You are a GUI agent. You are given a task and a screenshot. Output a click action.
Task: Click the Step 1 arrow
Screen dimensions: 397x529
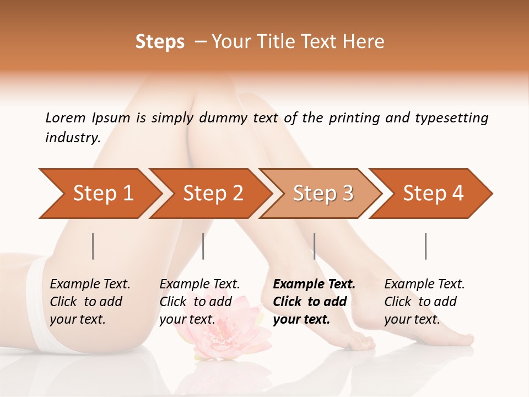pyautogui.click(x=99, y=194)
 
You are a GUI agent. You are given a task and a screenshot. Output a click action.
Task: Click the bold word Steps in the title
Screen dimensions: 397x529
pyautogui.click(x=160, y=42)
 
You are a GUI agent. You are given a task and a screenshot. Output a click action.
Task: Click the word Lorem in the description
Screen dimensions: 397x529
pyautogui.click(x=65, y=118)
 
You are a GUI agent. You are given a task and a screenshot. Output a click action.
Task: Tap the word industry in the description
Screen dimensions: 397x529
pyautogui.click(x=72, y=138)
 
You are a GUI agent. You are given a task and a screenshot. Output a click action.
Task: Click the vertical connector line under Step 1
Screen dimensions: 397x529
pyautogui.click(x=93, y=246)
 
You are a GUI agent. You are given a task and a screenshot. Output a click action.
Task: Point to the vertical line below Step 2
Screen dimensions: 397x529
pyautogui.click(x=203, y=246)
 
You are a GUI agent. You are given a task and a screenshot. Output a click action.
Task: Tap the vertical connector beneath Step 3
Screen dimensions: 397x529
pyautogui.click(x=314, y=246)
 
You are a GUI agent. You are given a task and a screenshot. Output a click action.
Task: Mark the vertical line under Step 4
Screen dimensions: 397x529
pyautogui.click(x=425, y=246)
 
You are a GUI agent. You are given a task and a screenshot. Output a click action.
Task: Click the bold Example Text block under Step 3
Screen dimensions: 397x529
pyautogui.click(x=314, y=302)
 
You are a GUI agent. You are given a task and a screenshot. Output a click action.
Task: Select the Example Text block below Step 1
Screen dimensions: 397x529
pyautogui.click(x=90, y=302)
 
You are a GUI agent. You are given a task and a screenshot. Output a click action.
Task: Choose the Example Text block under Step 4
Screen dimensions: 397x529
pyautogui.click(x=424, y=302)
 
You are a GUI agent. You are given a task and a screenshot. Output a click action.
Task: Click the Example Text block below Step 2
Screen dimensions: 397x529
pyautogui.click(x=199, y=302)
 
